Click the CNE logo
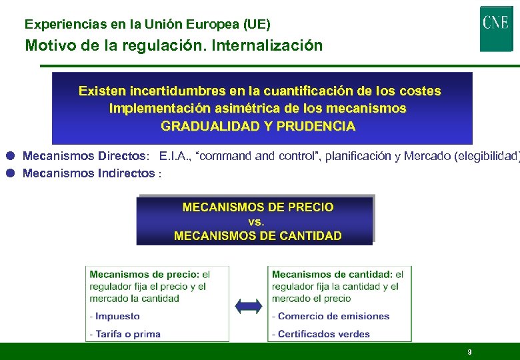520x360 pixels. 496,27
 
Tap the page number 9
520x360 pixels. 469,352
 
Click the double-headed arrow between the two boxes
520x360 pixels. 249,306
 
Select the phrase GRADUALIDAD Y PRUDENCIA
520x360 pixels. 258,125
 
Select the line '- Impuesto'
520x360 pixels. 115,316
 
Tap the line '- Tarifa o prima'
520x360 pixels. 125,333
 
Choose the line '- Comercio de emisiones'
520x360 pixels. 331,316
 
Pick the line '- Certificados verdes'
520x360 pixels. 321,333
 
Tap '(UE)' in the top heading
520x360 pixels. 258,25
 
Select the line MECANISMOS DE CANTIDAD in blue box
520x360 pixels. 257,235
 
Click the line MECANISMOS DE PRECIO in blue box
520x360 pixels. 257,207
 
